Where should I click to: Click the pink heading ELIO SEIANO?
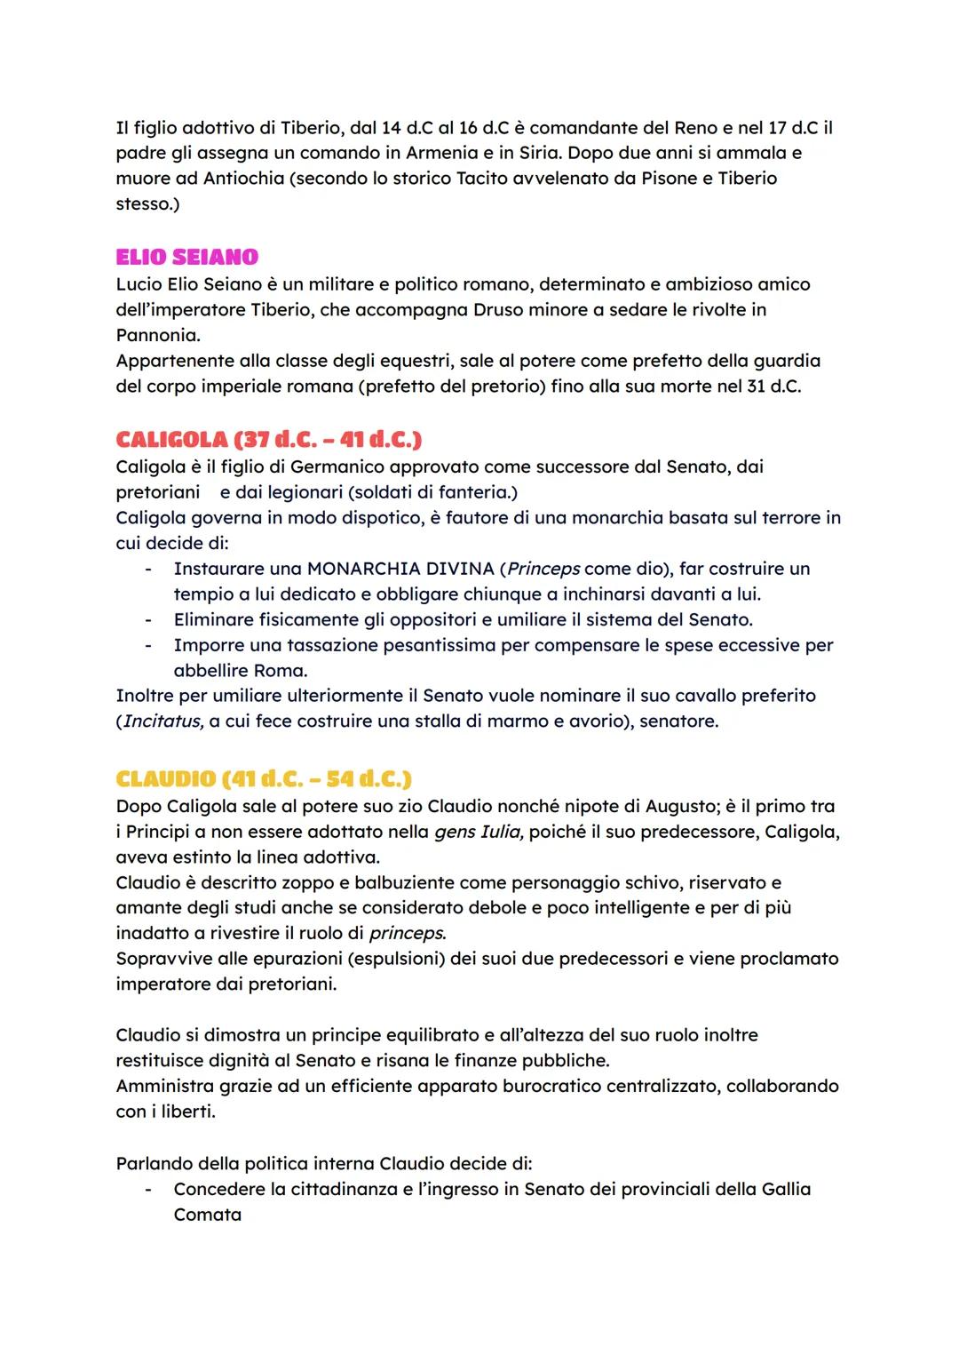point(186,257)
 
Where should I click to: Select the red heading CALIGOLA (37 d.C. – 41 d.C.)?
point(268,439)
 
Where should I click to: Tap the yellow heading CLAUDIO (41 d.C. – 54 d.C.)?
point(264,778)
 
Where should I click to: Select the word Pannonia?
point(157,336)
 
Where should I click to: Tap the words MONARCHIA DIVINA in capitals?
point(400,569)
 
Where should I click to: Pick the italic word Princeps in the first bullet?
point(543,569)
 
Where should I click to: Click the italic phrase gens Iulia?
point(479,833)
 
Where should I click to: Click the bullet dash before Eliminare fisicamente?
point(149,619)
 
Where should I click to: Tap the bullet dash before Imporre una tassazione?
point(149,645)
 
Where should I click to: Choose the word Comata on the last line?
point(207,1215)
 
